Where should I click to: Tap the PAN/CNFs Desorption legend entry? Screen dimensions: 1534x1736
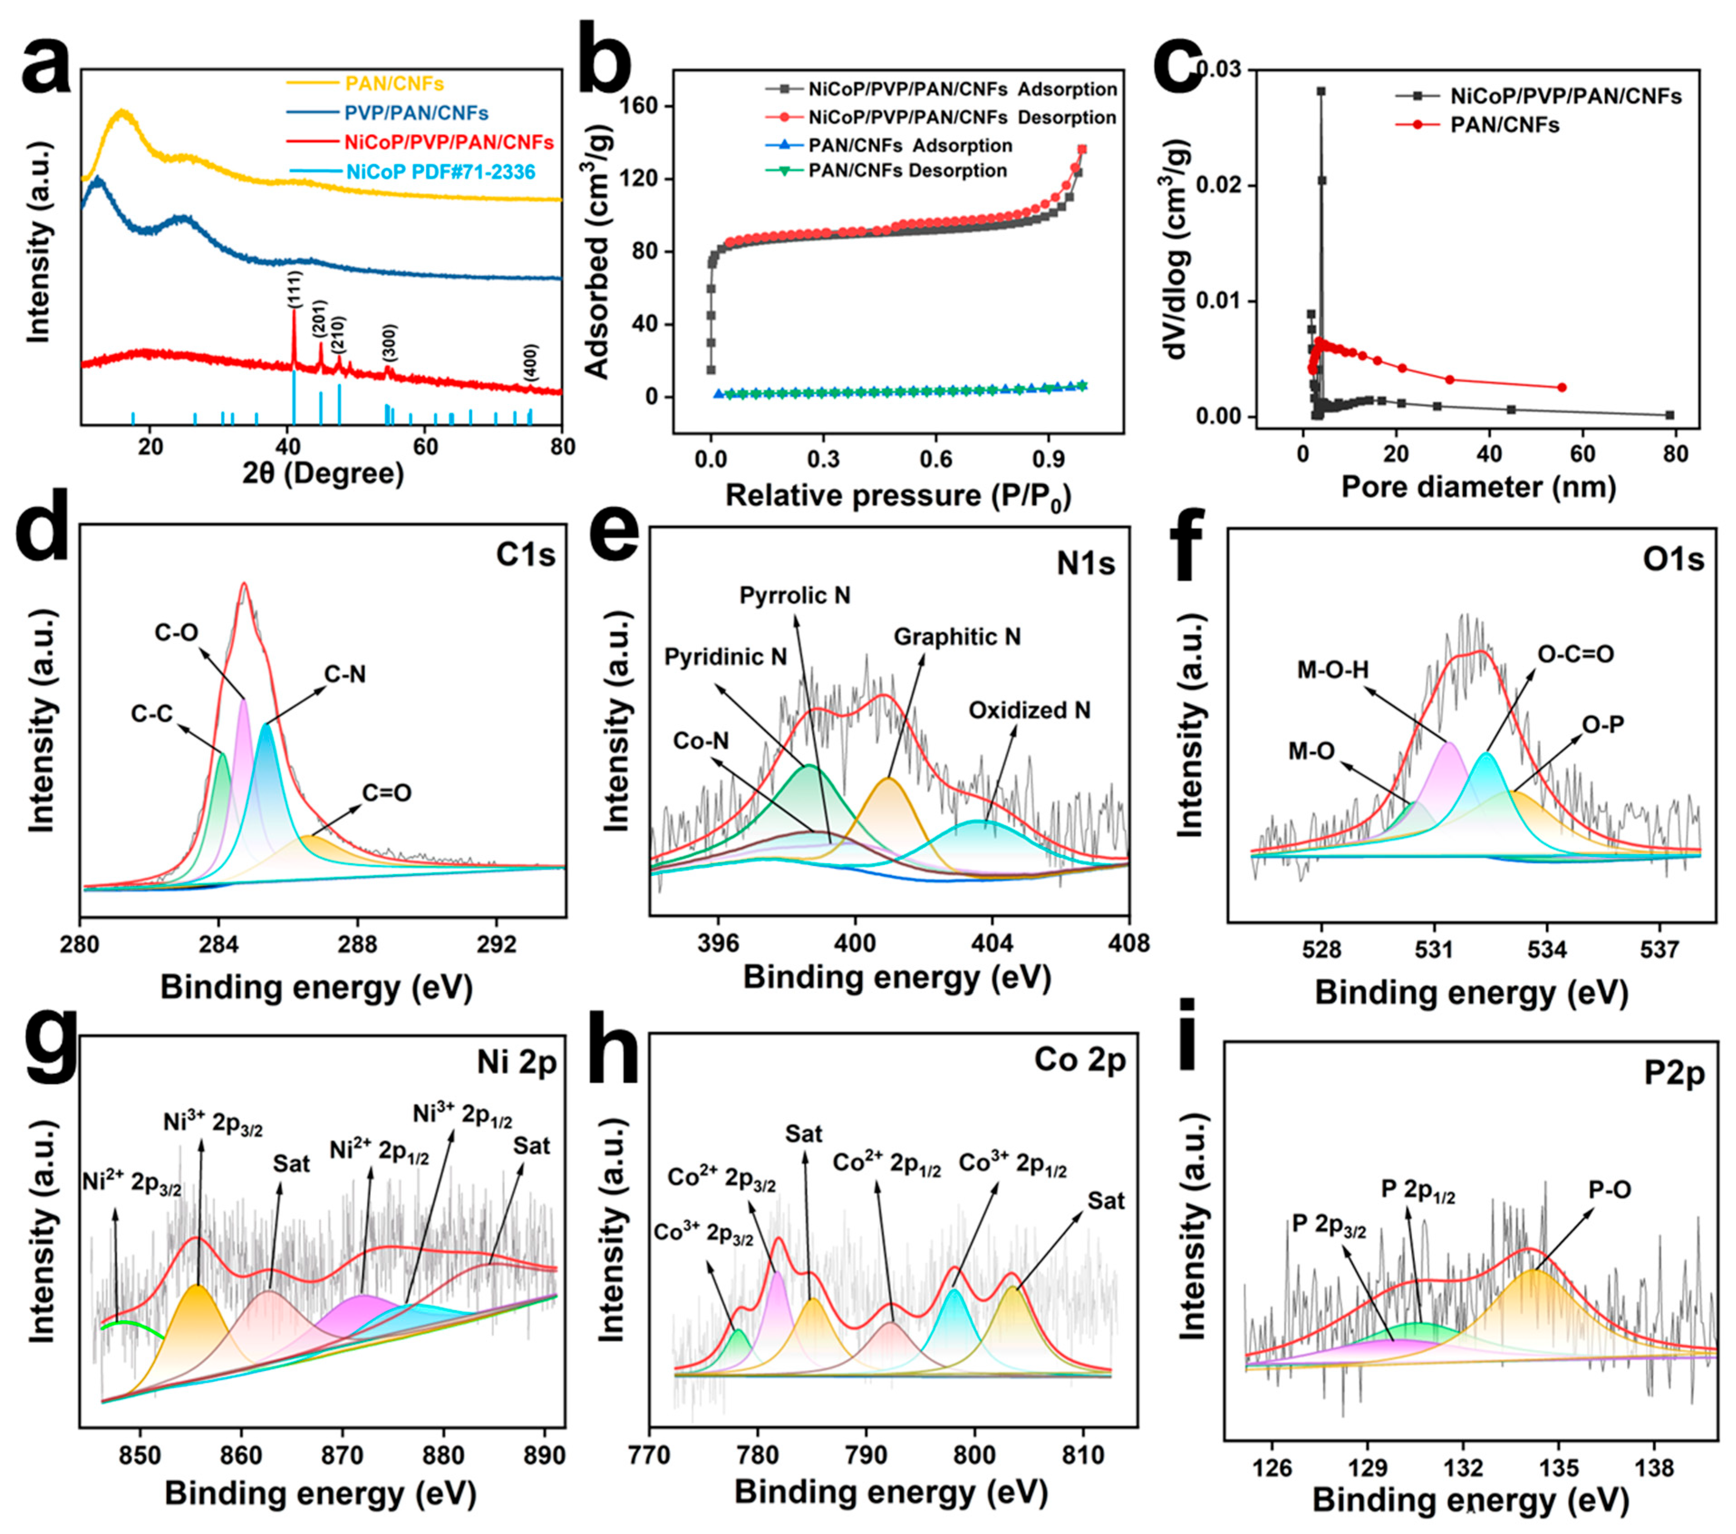tap(907, 171)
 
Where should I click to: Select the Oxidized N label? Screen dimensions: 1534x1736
tap(1029, 710)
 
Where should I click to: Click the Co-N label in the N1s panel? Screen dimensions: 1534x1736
tap(701, 741)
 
